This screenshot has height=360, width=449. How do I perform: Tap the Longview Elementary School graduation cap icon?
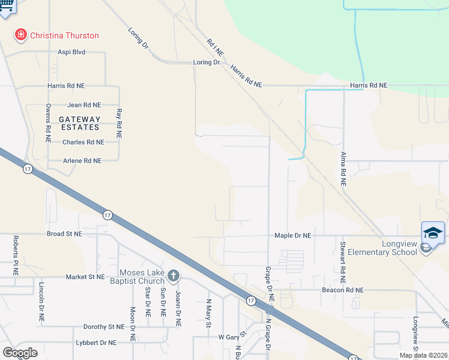[x=433, y=232]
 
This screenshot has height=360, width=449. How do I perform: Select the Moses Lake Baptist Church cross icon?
[x=173, y=277]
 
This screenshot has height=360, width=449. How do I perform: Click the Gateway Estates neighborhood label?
[x=79, y=124]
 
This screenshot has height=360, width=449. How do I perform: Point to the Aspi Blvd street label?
[x=71, y=52]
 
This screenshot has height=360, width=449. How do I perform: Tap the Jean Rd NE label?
[x=84, y=105]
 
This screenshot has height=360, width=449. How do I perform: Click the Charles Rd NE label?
[x=83, y=142]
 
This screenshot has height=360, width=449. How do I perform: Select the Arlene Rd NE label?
[x=82, y=161]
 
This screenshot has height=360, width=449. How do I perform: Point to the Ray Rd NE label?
[x=119, y=124]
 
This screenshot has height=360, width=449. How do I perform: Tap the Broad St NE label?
[x=64, y=234]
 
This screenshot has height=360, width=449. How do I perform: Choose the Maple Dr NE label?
[x=293, y=236]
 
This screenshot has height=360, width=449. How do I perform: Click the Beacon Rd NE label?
[x=343, y=290]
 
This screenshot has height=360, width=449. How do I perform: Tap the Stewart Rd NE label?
[x=342, y=262]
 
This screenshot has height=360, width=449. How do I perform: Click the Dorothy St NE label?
[x=104, y=327]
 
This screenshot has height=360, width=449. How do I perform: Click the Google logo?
[x=20, y=353]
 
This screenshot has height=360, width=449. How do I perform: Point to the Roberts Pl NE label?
[x=16, y=255]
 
